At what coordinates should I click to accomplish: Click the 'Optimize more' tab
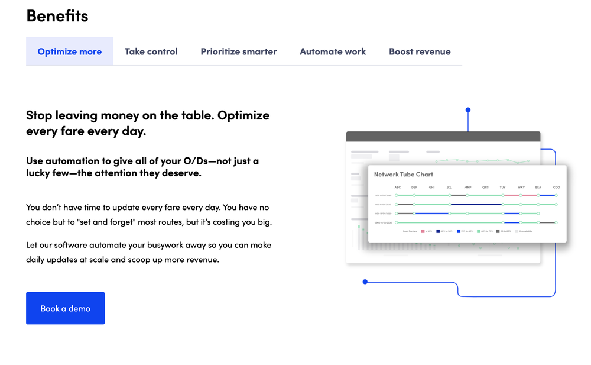coord(69,51)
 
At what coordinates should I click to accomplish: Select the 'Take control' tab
coord(151,51)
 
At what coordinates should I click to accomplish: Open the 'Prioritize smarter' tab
coord(238,51)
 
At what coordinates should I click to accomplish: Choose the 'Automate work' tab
coord(333,51)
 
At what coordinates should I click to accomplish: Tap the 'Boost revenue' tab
coord(420,51)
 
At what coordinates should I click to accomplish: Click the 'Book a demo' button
coord(65,308)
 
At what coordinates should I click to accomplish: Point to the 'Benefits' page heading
coord(57,16)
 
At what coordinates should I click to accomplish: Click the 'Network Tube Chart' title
coord(404,175)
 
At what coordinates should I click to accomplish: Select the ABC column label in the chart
coord(398,188)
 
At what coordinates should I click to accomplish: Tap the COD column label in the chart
coord(556,188)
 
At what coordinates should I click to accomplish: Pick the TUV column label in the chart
coord(502,188)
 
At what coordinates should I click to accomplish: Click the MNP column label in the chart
coord(467,188)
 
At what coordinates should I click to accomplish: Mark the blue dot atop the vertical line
coord(468,110)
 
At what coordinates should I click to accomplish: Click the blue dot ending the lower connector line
coord(365,282)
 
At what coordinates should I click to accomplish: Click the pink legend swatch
coord(423,231)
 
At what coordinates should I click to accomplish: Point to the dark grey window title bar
coord(443,137)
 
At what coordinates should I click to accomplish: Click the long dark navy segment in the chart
coord(476,205)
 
